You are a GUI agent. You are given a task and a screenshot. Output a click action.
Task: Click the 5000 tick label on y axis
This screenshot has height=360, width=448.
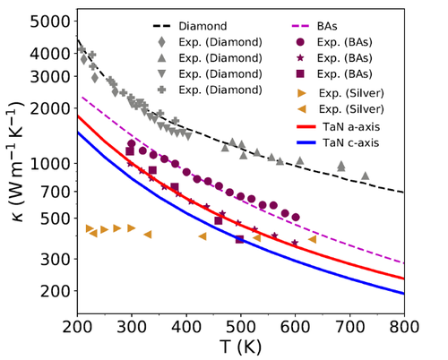tap(55, 18)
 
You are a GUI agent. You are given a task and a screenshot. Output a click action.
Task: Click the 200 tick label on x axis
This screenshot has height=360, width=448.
tap(77, 330)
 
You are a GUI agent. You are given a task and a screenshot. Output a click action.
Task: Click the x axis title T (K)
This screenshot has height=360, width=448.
tap(241, 347)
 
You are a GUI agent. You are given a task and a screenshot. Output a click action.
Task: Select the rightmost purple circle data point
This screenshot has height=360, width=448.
tap(296, 217)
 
